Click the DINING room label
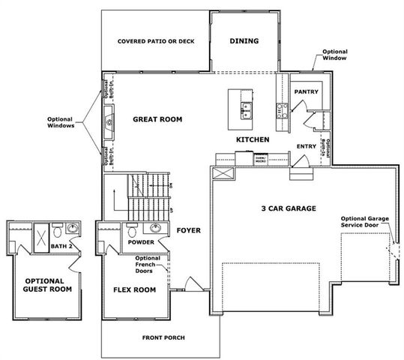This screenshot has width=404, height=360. [244, 41]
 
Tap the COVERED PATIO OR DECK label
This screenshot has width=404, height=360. [156, 41]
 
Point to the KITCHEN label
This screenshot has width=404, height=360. [253, 139]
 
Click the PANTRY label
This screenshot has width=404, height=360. [307, 92]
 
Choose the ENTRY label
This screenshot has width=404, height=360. [306, 146]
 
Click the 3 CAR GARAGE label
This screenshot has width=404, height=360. [288, 208]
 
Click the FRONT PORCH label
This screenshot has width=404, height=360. [163, 337]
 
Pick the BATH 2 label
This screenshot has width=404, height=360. [60, 246]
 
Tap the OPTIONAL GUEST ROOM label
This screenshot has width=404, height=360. [47, 283]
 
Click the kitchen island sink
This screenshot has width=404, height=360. [247, 110]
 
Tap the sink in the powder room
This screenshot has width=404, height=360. [156, 228]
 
